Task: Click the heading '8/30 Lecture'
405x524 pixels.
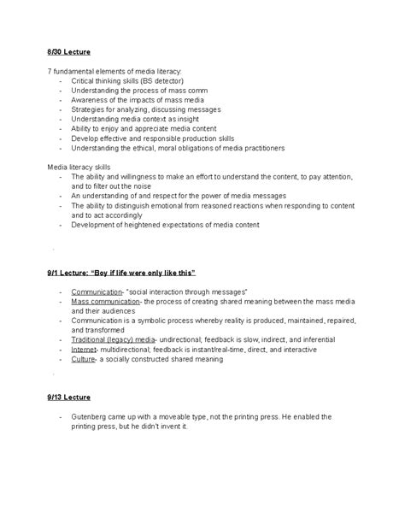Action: point(69,52)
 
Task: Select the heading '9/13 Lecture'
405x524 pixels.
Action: point(69,397)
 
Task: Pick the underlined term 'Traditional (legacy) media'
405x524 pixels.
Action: point(112,339)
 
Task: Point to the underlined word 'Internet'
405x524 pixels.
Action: point(84,350)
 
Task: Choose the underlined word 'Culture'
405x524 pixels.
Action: point(84,360)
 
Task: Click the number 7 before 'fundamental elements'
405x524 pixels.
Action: point(50,70)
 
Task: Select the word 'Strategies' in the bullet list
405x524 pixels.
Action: point(91,109)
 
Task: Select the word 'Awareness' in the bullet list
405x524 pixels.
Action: point(91,100)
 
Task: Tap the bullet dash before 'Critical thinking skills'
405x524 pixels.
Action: point(61,80)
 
